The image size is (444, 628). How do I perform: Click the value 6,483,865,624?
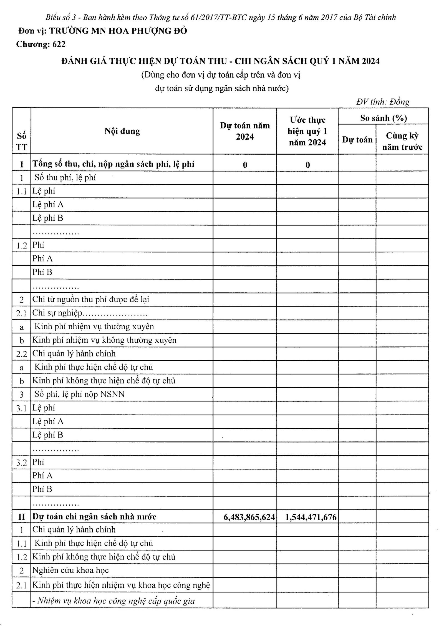[x=249, y=517]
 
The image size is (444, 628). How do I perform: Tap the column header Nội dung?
[x=122, y=131]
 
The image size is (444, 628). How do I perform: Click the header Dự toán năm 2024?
[x=245, y=131]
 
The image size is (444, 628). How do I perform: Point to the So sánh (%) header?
[x=383, y=118]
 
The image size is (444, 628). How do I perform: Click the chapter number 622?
[x=59, y=44]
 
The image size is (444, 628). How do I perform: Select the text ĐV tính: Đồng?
[x=383, y=102]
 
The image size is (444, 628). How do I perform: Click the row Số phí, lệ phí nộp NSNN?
[x=80, y=394]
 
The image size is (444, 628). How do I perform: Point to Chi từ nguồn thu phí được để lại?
[x=91, y=299]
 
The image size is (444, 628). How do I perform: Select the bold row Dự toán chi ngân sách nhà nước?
[x=94, y=517]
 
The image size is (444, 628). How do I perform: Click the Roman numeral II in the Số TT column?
[x=22, y=517]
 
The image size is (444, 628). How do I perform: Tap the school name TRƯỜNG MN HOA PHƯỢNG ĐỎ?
[x=118, y=31]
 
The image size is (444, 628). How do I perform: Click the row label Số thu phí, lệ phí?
[x=65, y=177]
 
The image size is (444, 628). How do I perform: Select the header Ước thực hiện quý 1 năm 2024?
[x=307, y=131]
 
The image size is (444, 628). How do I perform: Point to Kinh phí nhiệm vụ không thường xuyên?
[x=104, y=340]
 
